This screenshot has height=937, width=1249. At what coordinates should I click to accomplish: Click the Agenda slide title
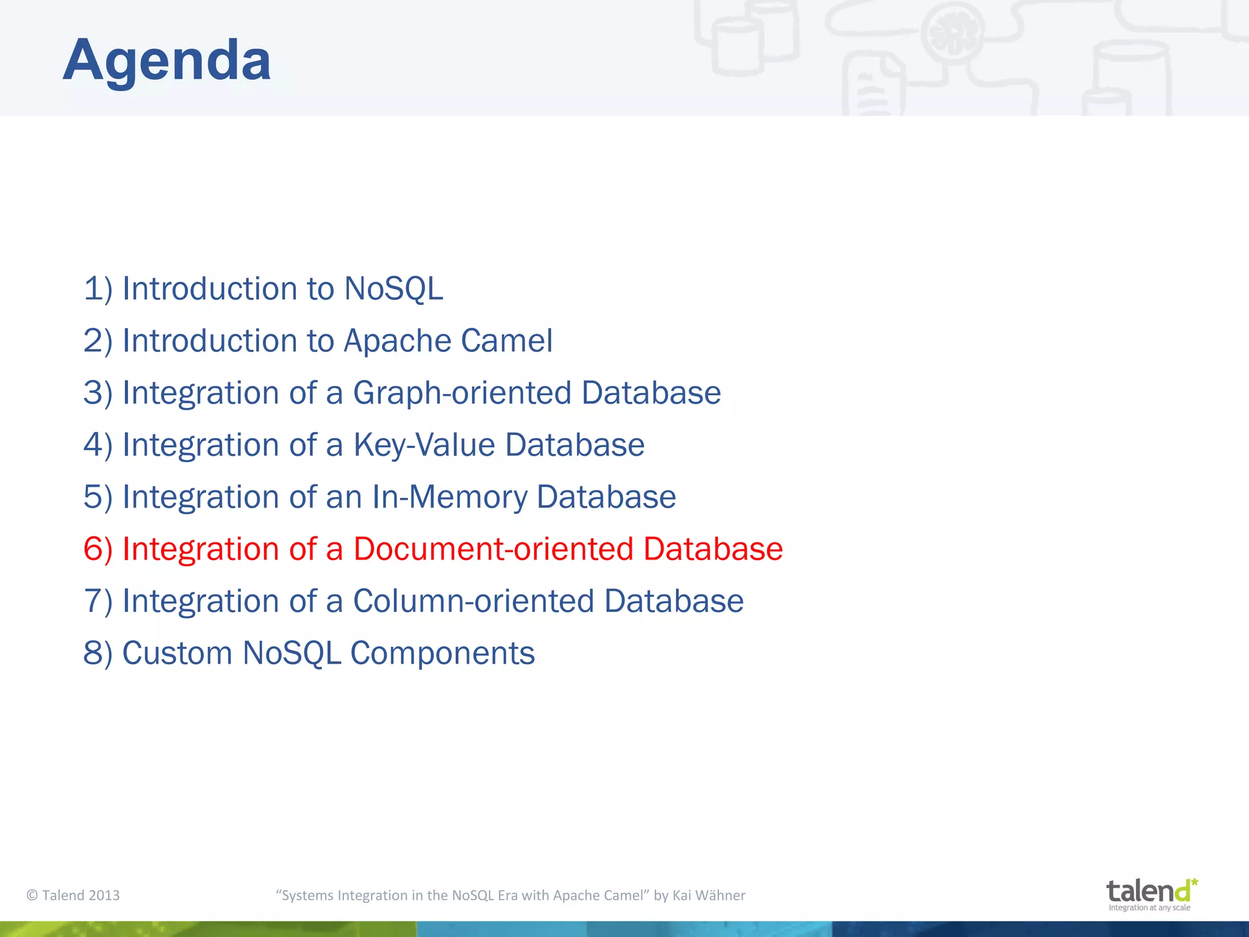[166, 60]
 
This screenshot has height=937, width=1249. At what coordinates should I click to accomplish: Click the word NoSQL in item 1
[393, 289]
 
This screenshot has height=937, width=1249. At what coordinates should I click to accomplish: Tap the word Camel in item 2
[507, 340]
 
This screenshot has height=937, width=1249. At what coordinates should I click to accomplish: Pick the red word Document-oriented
[493, 549]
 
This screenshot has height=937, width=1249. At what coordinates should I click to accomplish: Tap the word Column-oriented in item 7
[474, 601]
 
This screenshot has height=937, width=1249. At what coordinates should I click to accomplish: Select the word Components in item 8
[442, 653]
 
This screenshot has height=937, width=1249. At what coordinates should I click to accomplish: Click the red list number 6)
[98, 549]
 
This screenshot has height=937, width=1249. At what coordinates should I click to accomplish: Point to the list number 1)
[98, 289]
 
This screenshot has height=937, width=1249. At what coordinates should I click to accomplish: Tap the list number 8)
[98, 653]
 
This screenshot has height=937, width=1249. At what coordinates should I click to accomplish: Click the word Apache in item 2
[397, 340]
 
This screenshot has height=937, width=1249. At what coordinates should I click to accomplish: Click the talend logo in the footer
[1147, 892]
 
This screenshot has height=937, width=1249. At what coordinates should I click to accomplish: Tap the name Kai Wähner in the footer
[709, 895]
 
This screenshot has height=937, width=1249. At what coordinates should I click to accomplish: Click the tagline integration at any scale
[1149, 908]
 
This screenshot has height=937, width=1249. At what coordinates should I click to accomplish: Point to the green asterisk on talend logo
[1194, 882]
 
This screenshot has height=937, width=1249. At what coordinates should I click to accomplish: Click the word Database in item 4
[574, 445]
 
